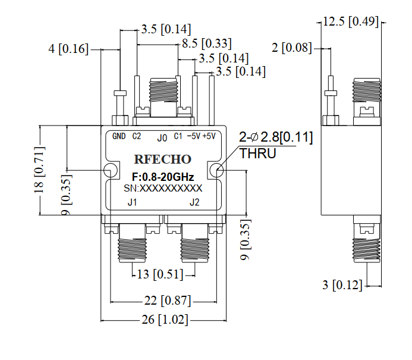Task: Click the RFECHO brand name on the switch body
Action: click(163, 159)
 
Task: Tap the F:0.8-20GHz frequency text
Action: click(163, 177)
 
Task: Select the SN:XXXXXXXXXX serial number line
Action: click(163, 188)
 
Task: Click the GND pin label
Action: click(119, 136)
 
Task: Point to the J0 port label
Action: click(162, 138)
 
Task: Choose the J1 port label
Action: click(132, 202)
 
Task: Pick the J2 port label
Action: click(194, 202)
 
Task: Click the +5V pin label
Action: click(209, 136)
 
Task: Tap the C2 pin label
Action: click(137, 136)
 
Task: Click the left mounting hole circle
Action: click(104, 170)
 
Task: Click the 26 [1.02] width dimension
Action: click(165, 320)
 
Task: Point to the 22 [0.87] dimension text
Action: click(168, 300)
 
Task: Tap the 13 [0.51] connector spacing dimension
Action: click(160, 274)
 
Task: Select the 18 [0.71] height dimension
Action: click(39, 170)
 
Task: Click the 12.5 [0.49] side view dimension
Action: click(351, 21)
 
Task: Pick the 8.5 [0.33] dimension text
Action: click(207, 43)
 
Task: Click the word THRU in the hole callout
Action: click(258, 154)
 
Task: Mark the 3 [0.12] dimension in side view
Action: click(342, 285)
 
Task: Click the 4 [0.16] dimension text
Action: click(68, 49)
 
